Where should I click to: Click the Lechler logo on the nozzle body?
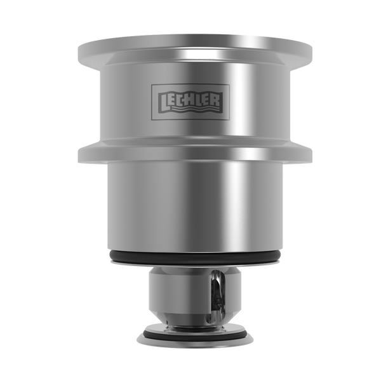click(x=190, y=102)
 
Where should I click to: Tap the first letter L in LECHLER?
click(x=163, y=102)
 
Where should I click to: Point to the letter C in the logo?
click(x=179, y=100)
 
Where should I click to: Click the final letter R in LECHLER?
click(x=217, y=100)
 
